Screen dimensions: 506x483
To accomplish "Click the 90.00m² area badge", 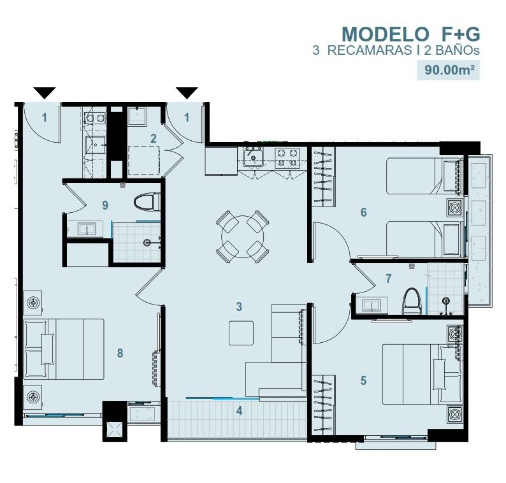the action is pos(448,69).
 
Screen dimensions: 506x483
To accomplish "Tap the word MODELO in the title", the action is pos(385,34).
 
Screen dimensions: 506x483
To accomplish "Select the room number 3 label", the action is pos(239,306).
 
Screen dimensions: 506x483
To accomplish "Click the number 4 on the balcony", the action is pos(239,411).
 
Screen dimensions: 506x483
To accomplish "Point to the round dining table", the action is pos(242,237).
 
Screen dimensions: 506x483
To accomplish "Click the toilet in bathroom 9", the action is pos(147,202).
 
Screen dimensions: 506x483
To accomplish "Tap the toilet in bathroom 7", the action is pos(412,301).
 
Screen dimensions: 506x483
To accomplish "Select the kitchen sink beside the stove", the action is pos(254,157).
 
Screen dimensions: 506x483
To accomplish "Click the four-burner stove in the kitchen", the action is pos(287,158).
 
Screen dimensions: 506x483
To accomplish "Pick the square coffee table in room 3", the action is pos(241,333).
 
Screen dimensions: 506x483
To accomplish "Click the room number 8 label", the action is pos(120,353).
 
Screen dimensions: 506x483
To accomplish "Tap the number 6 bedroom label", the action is pos(364,212).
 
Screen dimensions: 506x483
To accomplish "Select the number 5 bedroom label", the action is pos(364,380).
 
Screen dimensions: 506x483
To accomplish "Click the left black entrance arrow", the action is pos(45,93).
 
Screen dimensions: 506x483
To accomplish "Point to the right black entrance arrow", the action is pos(187,93).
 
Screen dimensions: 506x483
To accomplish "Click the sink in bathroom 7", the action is pos(372,305).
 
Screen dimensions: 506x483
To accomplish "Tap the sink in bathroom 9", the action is pos(87,229).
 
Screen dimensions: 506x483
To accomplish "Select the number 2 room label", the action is pos(154,139).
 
